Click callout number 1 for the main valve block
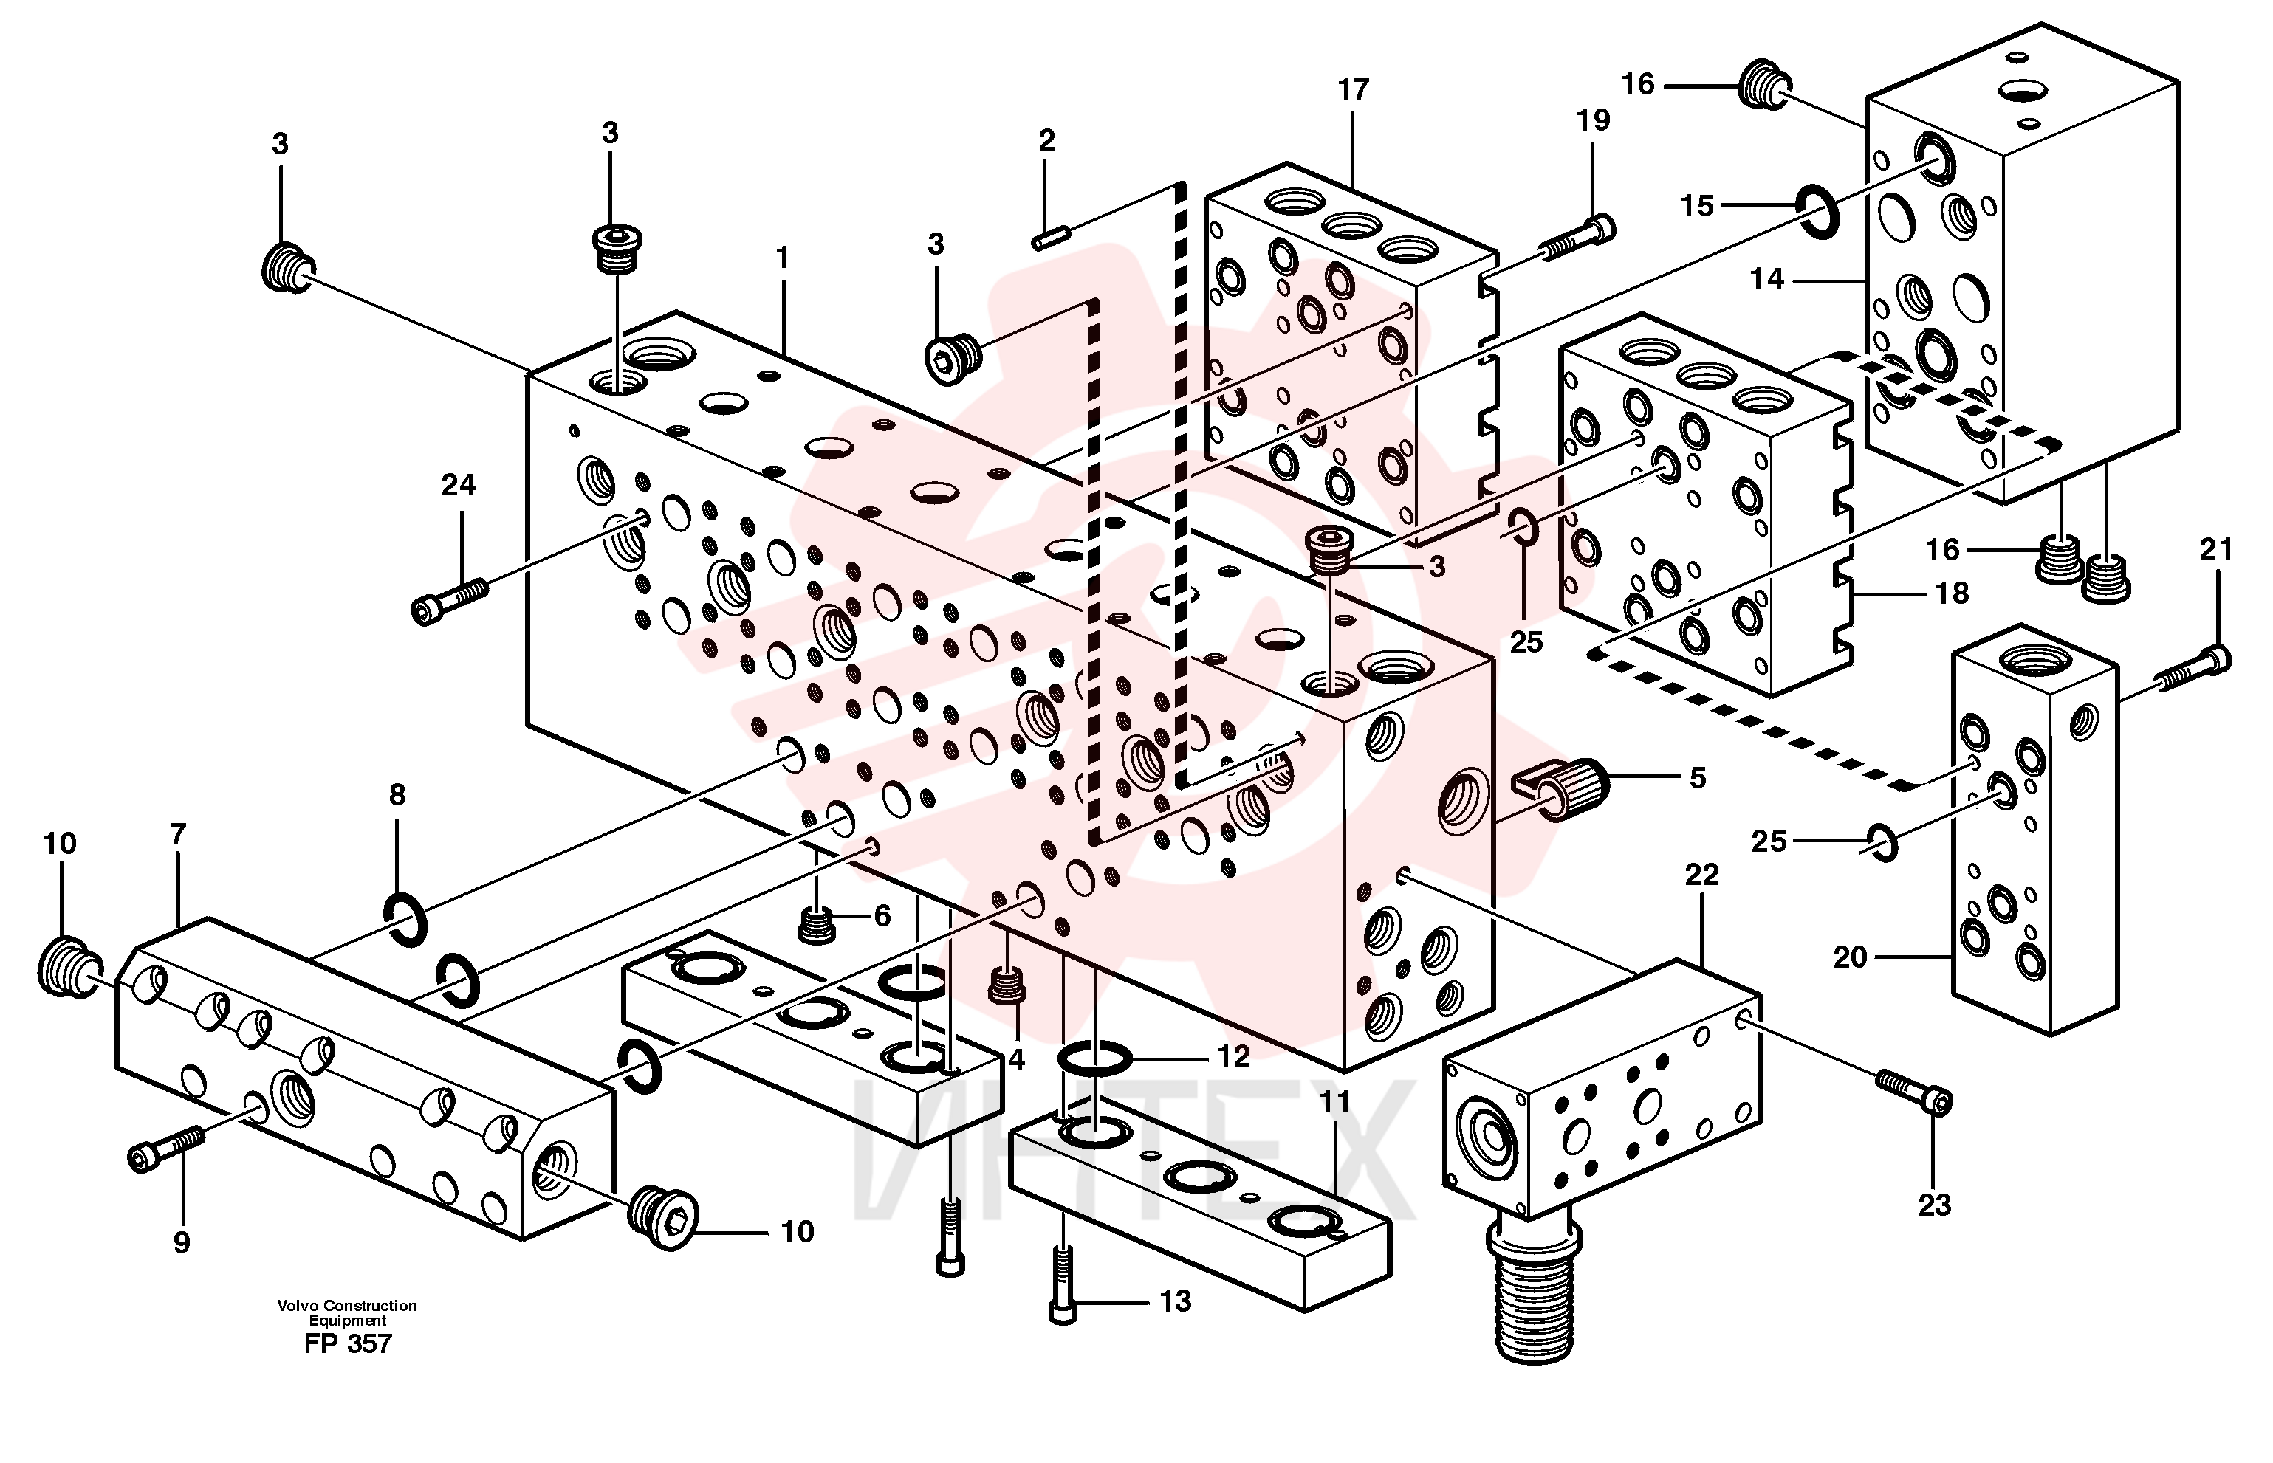coord(783,258)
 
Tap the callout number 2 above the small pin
coord(1046,140)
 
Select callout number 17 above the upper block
coord(1353,89)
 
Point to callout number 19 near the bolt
coord(1594,120)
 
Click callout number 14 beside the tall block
coord(1767,279)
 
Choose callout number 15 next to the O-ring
coord(1697,205)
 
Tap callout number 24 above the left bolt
coord(458,486)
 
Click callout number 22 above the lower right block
coord(1702,874)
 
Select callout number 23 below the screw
coord(1935,1205)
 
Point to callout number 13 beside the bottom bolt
coord(1176,1301)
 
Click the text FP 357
coord(348,1343)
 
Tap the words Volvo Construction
coord(348,1305)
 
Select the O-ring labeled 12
coord(1094,1056)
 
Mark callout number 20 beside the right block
coord(1850,957)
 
